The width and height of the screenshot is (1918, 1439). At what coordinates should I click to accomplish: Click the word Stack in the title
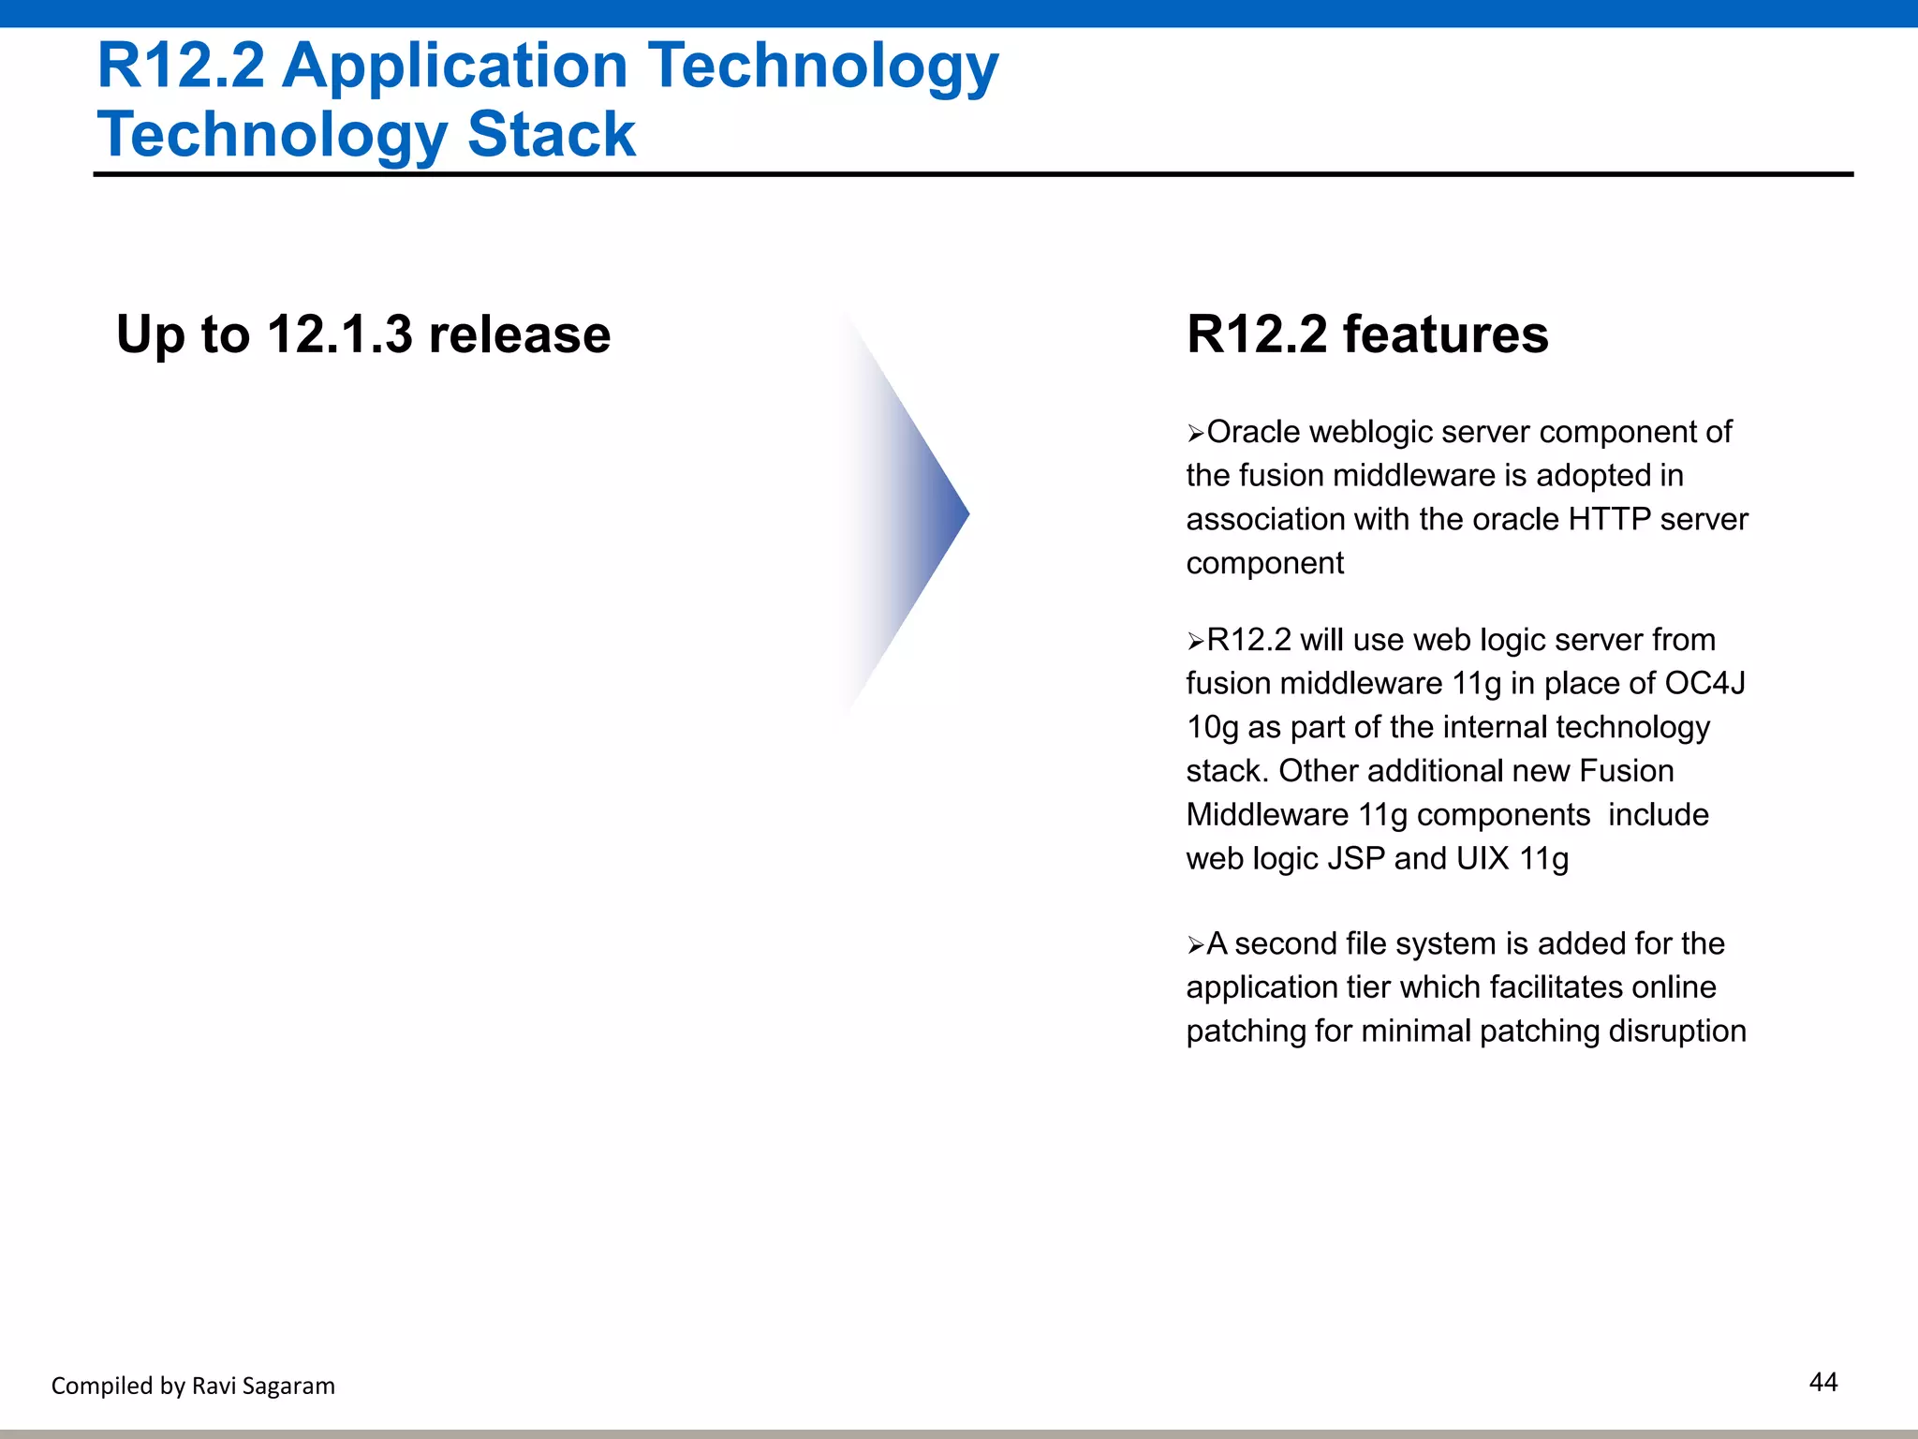click(551, 134)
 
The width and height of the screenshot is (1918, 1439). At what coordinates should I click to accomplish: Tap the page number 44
click(1822, 1382)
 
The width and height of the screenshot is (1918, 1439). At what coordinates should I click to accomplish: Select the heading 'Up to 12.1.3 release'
click(363, 334)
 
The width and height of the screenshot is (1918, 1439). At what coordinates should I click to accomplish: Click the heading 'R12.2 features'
click(1366, 334)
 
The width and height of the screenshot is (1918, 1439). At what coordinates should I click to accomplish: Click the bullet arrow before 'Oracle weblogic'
click(1195, 434)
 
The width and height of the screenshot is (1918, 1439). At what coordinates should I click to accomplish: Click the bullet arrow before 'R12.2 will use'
click(1195, 642)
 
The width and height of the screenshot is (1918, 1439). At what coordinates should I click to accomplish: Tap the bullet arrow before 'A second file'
click(1195, 945)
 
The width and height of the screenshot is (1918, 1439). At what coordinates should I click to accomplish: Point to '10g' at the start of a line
click(1212, 728)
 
